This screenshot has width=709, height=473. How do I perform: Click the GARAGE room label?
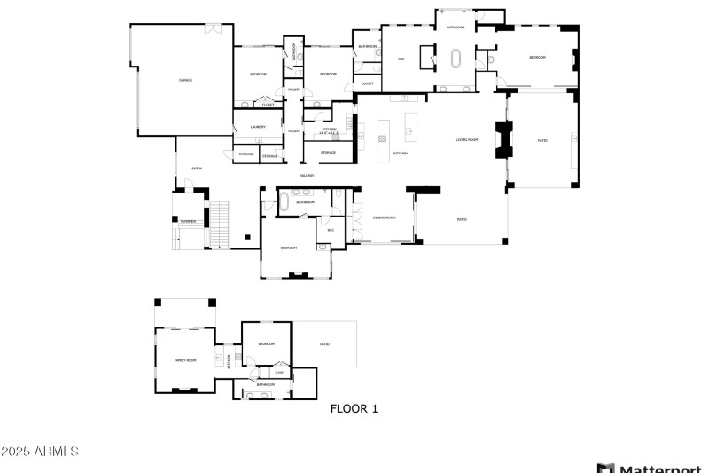point(186,80)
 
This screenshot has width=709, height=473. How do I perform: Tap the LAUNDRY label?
point(258,127)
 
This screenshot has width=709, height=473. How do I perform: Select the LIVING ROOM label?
point(467,140)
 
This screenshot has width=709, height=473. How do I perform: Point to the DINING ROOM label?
point(383,217)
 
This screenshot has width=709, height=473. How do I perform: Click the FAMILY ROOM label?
point(184,360)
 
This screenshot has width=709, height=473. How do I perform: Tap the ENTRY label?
point(197,168)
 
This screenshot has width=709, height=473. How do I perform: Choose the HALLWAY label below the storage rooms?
point(307,176)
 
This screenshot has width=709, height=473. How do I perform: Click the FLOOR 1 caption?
point(354,409)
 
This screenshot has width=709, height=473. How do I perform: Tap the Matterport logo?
point(651,468)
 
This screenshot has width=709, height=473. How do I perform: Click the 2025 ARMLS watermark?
point(40,452)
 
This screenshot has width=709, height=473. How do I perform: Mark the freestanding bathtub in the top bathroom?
point(457,60)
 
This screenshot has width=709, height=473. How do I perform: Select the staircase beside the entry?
point(218,225)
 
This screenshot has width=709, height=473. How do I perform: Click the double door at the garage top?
point(213,29)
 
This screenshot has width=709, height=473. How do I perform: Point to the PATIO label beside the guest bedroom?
point(324,343)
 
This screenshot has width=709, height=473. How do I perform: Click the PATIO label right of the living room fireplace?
point(542,140)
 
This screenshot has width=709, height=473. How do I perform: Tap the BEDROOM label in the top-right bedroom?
point(537,57)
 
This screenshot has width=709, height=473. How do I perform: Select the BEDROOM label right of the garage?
point(258,74)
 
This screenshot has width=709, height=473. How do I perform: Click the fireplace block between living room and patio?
point(505,139)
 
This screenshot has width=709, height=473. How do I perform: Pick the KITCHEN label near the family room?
point(229,359)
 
